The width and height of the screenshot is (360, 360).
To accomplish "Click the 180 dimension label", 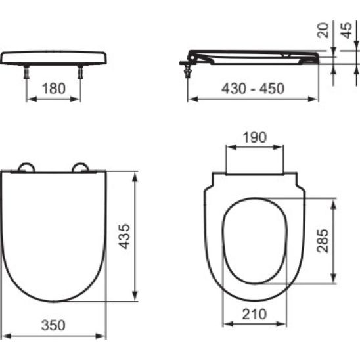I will click(53, 89).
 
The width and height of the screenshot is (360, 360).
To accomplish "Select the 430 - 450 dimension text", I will click(253, 89).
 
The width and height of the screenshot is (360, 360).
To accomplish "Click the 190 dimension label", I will click(256, 137).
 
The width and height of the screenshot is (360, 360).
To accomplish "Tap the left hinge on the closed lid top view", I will click(26, 168).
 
